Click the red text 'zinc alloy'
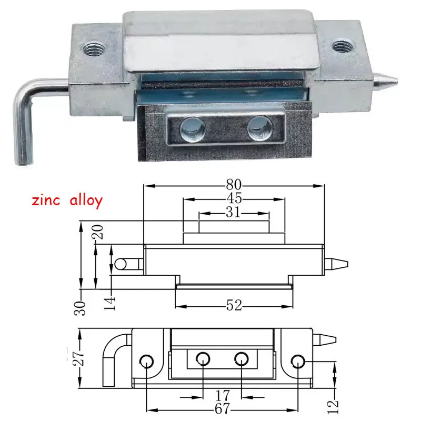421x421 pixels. tap(66, 201)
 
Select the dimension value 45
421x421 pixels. tap(234, 199)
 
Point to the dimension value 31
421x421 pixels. tap(234, 213)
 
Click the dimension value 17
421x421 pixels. tap(222, 394)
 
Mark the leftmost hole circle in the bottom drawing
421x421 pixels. tap(146, 361)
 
